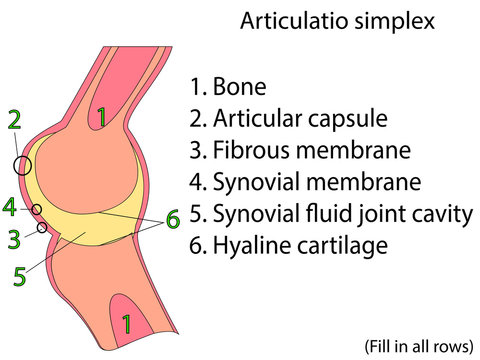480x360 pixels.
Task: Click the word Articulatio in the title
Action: coord(290,21)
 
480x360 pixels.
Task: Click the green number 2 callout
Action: coord(14,120)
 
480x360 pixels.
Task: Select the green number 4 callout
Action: coord(9,207)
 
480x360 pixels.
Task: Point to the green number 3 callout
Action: coord(13,239)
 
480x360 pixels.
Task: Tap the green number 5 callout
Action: coord(19,275)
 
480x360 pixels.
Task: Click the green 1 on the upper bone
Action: coord(101,118)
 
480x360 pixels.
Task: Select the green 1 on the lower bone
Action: coord(125,322)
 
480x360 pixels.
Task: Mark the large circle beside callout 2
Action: coord(22,165)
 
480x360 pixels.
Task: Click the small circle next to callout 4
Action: coord(36,210)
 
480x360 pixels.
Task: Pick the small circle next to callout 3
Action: coord(42,228)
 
